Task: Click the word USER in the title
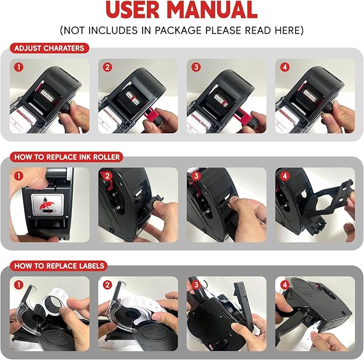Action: (132, 10)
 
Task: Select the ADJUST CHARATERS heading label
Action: (49, 48)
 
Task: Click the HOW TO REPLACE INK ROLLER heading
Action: (67, 157)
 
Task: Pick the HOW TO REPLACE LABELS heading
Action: (59, 266)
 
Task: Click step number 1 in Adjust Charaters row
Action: (19, 68)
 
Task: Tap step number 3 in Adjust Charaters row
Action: (196, 68)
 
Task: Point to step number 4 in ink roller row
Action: (285, 176)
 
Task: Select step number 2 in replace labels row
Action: (107, 285)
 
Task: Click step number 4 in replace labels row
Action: (285, 285)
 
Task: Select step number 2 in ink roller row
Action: (107, 176)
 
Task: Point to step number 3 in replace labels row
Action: (196, 285)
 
